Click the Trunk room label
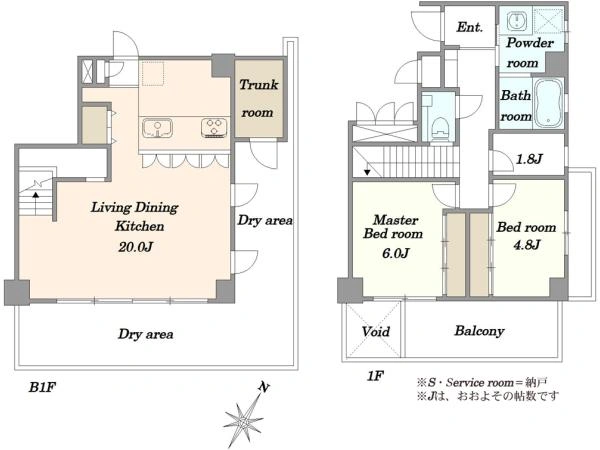click(259, 98)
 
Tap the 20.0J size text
click(135, 247)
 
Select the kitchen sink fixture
click(157, 128)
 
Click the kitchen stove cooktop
click(214, 128)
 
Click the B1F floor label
click(43, 388)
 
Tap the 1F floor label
click(375, 376)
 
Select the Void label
click(376, 331)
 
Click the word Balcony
click(479, 331)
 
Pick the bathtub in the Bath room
click(549, 103)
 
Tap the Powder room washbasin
click(517, 20)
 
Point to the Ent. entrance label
click(470, 27)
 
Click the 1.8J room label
click(529, 158)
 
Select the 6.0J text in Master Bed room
click(396, 253)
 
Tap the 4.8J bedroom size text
click(527, 244)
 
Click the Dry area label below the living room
click(145, 334)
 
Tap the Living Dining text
click(135, 208)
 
